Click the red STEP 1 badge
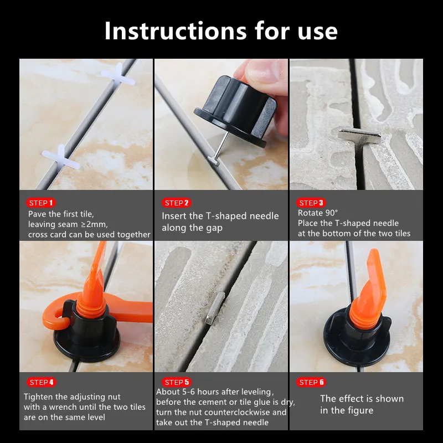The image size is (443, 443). click(x=41, y=203)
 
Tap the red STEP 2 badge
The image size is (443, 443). click(x=177, y=203)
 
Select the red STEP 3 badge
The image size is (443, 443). click(x=311, y=203)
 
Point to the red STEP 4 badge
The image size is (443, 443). click(x=41, y=382)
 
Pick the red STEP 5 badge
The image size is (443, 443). click(x=177, y=382)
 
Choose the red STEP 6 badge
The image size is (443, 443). click(x=311, y=382)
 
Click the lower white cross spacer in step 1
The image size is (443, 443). click(x=60, y=156)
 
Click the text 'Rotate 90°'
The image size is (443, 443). click(x=318, y=213)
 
